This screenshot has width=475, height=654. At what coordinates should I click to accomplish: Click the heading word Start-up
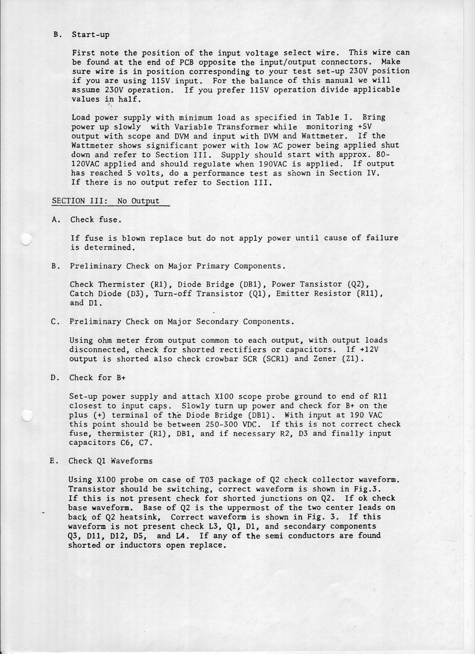(x=91, y=35)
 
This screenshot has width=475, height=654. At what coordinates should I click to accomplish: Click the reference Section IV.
(x=354, y=173)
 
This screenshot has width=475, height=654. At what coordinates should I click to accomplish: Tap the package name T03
(x=206, y=480)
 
